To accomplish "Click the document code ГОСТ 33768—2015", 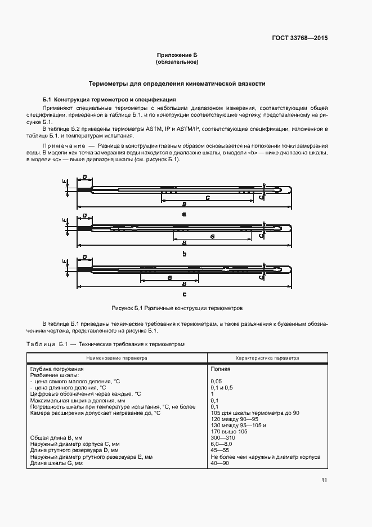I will click(x=300, y=38).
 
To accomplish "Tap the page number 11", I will click(x=324, y=480).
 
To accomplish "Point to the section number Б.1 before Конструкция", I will click(x=47, y=99).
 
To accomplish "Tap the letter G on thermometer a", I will click(x=208, y=198).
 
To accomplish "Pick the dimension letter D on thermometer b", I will click(x=84, y=215).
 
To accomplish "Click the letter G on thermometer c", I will click(x=169, y=278).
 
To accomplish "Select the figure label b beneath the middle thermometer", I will click(x=184, y=254).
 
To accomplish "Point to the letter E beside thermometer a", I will click(x=65, y=181).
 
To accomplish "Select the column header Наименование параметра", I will click(x=116, y=357).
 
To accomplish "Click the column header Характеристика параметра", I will click(x=267, y=357).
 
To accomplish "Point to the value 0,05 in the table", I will click(x=216, y=382).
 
